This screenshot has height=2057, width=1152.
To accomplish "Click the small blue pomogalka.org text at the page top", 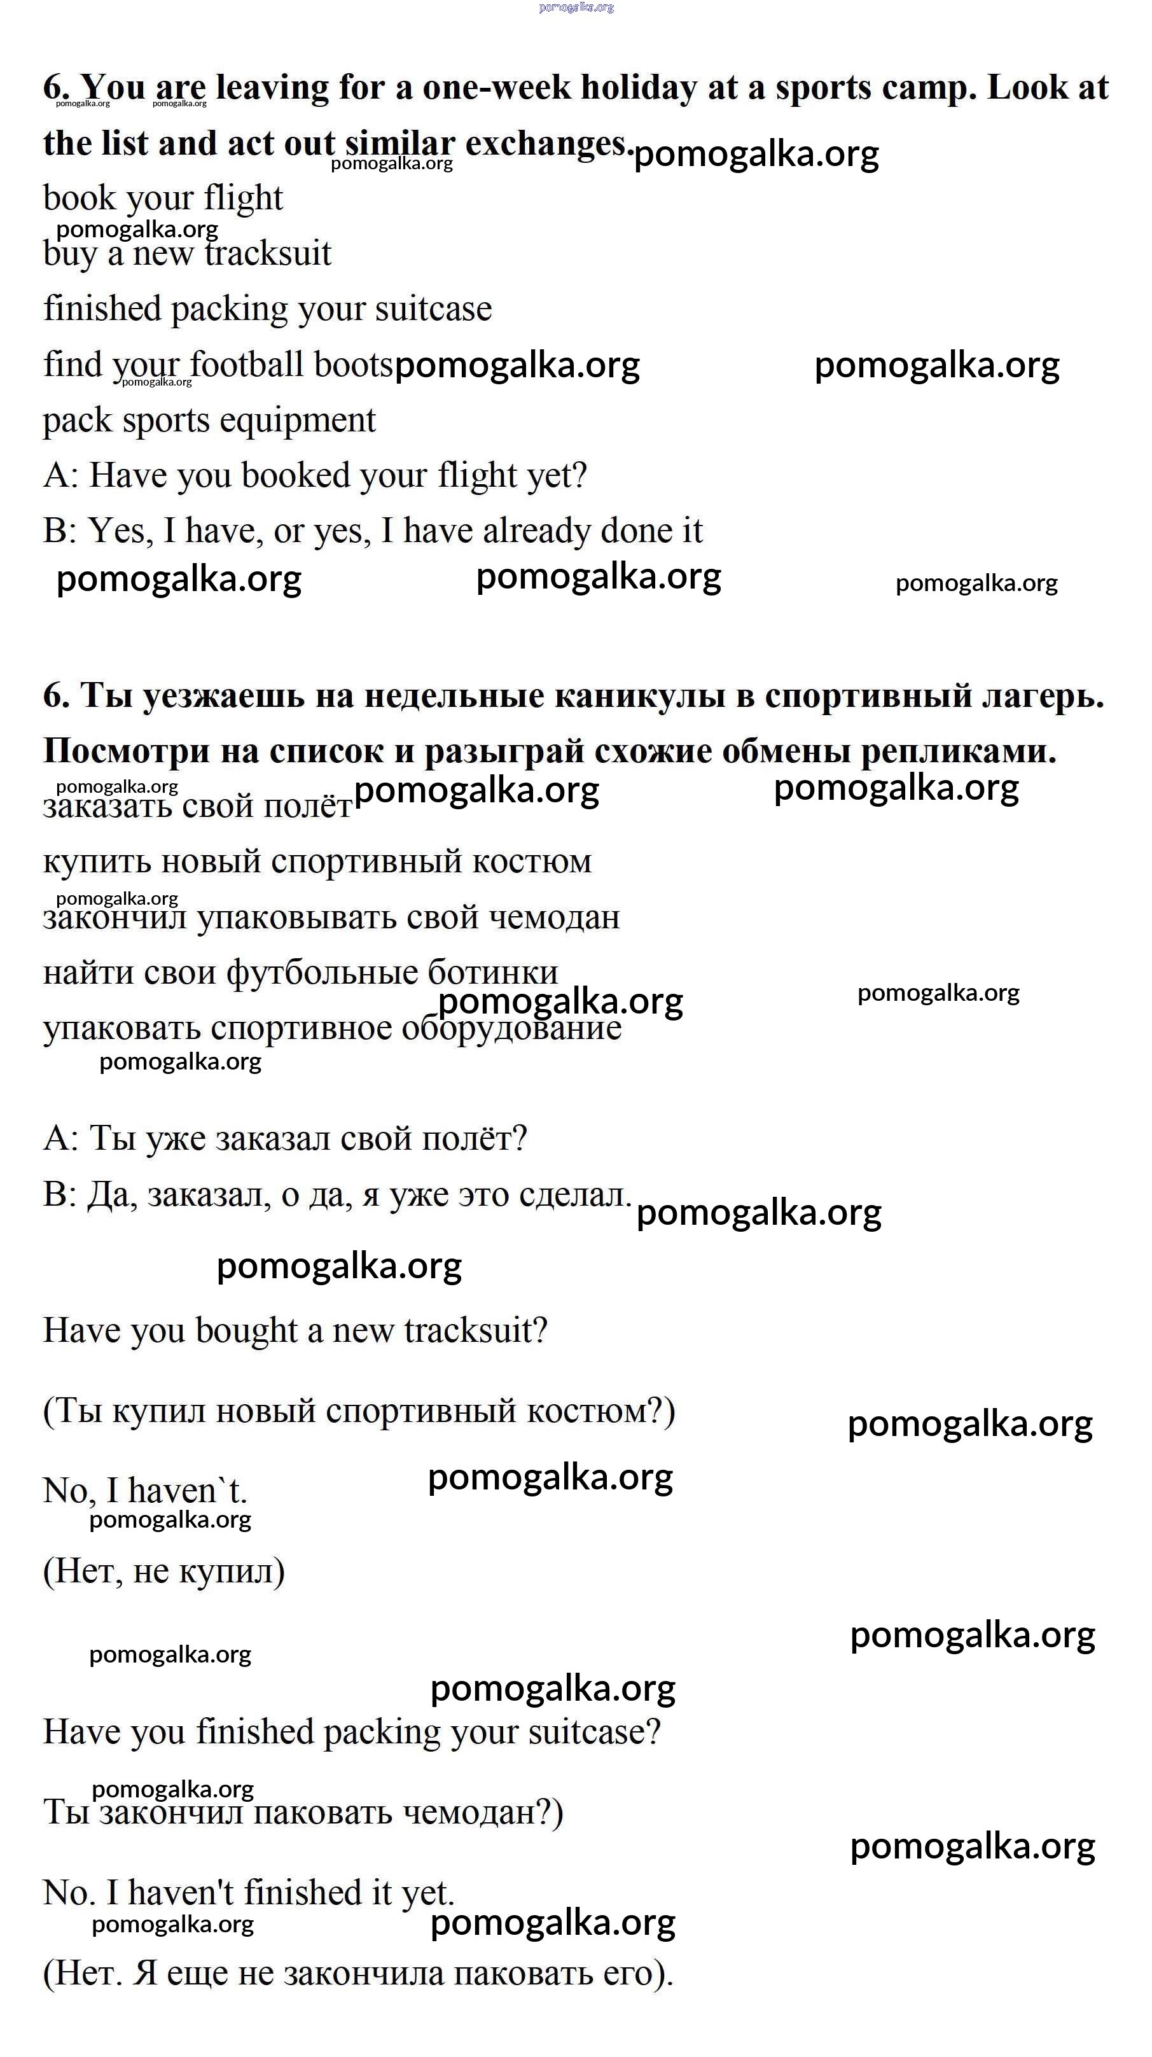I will [576, 7].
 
